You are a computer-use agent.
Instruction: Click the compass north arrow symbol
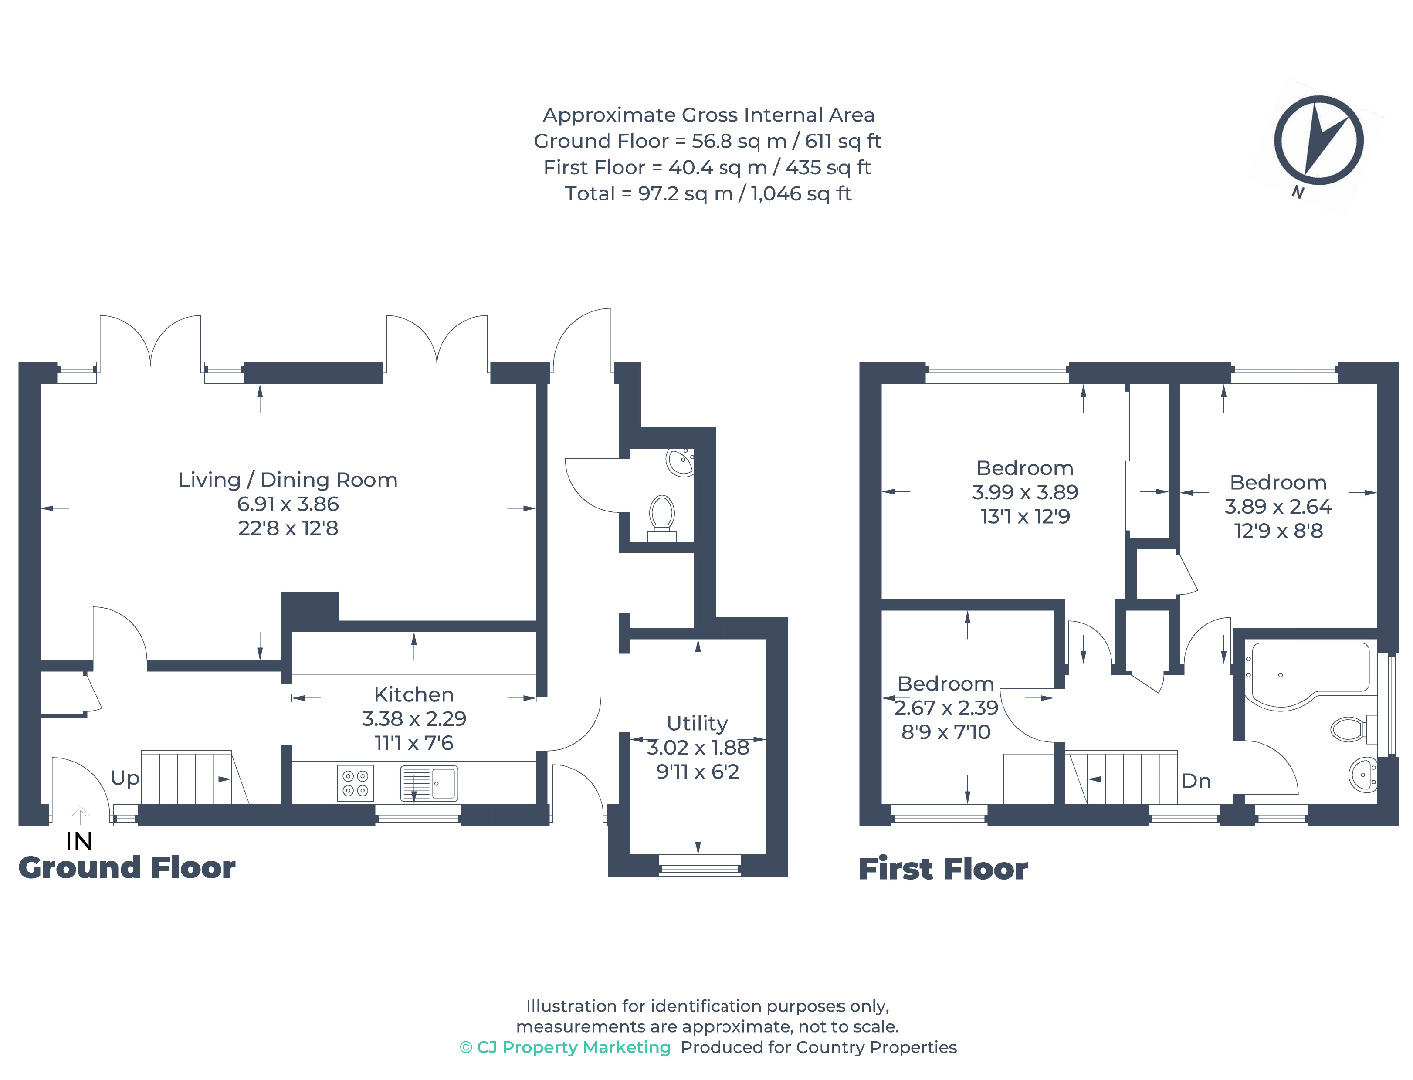(x=1318, y=140)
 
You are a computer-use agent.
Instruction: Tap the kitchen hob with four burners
(x=355, y=783)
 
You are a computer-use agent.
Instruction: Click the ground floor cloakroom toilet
(x=661, y=516)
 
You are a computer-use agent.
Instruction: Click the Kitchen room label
(x=413, y=694)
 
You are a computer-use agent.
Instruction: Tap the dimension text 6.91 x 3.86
(x=288, y=504)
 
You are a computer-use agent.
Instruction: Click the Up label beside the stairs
(x=125, y=778)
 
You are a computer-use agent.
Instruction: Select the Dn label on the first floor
(x=1196, y=781)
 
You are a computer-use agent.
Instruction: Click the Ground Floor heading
(x=127, y=868)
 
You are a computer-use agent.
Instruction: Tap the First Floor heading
(x=942, y=869)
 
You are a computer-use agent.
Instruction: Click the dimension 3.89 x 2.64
(x=1277, y=507)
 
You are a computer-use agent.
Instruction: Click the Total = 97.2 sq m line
(x=707, y=193)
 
